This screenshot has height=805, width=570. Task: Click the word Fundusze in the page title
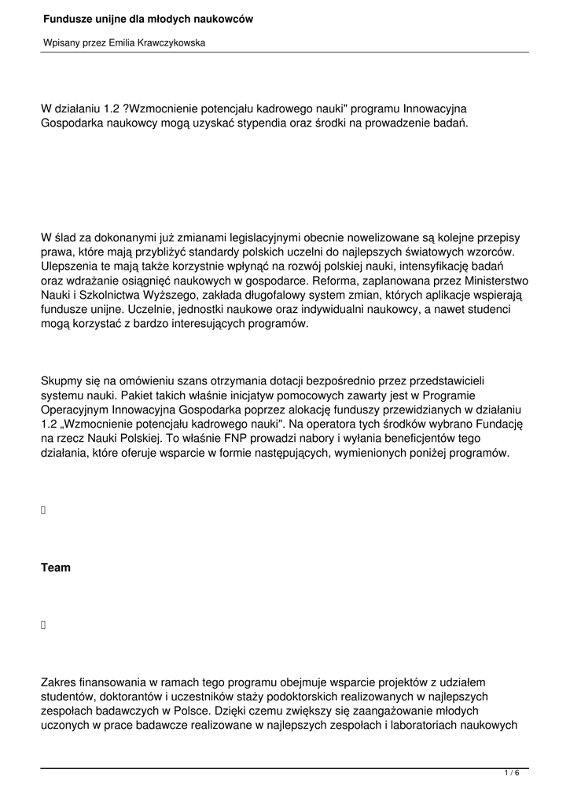[67, 18]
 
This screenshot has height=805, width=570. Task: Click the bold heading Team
[56, 568]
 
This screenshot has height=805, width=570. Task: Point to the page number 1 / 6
[512, 774]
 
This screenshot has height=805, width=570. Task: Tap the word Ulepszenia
[72, 266]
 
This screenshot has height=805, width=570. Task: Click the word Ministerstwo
[492, 280]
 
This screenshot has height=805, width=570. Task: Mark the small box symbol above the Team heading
[44, 510]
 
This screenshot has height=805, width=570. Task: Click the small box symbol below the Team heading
[44, 625]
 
